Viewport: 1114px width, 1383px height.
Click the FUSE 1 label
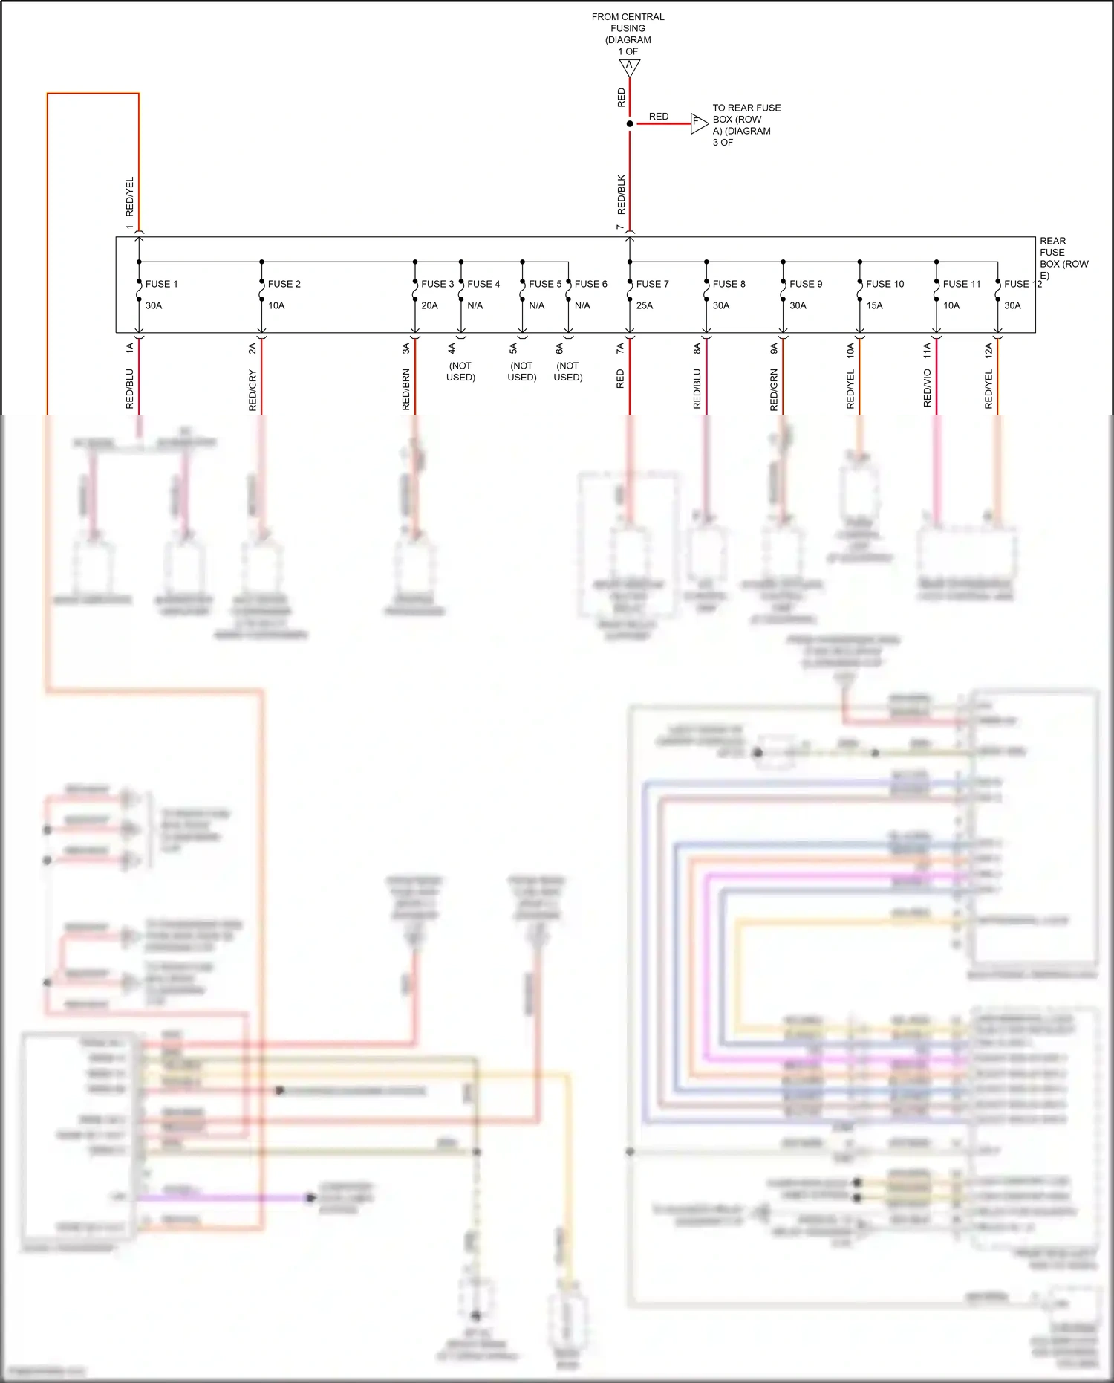tap(161, 284)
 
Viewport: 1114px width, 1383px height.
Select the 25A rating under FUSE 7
tap(644, 305)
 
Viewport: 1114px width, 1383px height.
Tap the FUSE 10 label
tap(885, 284)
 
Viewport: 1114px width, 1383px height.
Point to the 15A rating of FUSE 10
tap(874, 305)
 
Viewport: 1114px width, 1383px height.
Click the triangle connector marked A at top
tap(629, 67)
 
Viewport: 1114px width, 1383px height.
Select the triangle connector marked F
tap(698, 123)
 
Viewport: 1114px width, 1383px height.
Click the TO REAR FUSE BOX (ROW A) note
tap(746, 125)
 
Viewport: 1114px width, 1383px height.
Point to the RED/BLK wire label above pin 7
tap(621, 195)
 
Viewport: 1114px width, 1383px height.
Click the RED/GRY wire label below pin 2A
tap(253, 391)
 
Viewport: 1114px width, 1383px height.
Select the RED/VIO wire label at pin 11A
tap(927, 388)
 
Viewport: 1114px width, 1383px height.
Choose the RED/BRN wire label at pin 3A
tap(405, 389)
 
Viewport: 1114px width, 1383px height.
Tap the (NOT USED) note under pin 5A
tap(521, 372)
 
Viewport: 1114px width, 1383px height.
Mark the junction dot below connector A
tap(630, 123)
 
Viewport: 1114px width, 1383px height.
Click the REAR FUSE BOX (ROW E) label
tap(1063, 258)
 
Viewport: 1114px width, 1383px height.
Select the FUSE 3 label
tap(437, 284)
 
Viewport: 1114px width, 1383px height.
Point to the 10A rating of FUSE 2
tap(276, 305)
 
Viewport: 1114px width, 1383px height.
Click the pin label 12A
tap(988, 351)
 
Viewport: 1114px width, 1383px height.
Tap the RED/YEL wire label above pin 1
tap(129, 196)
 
